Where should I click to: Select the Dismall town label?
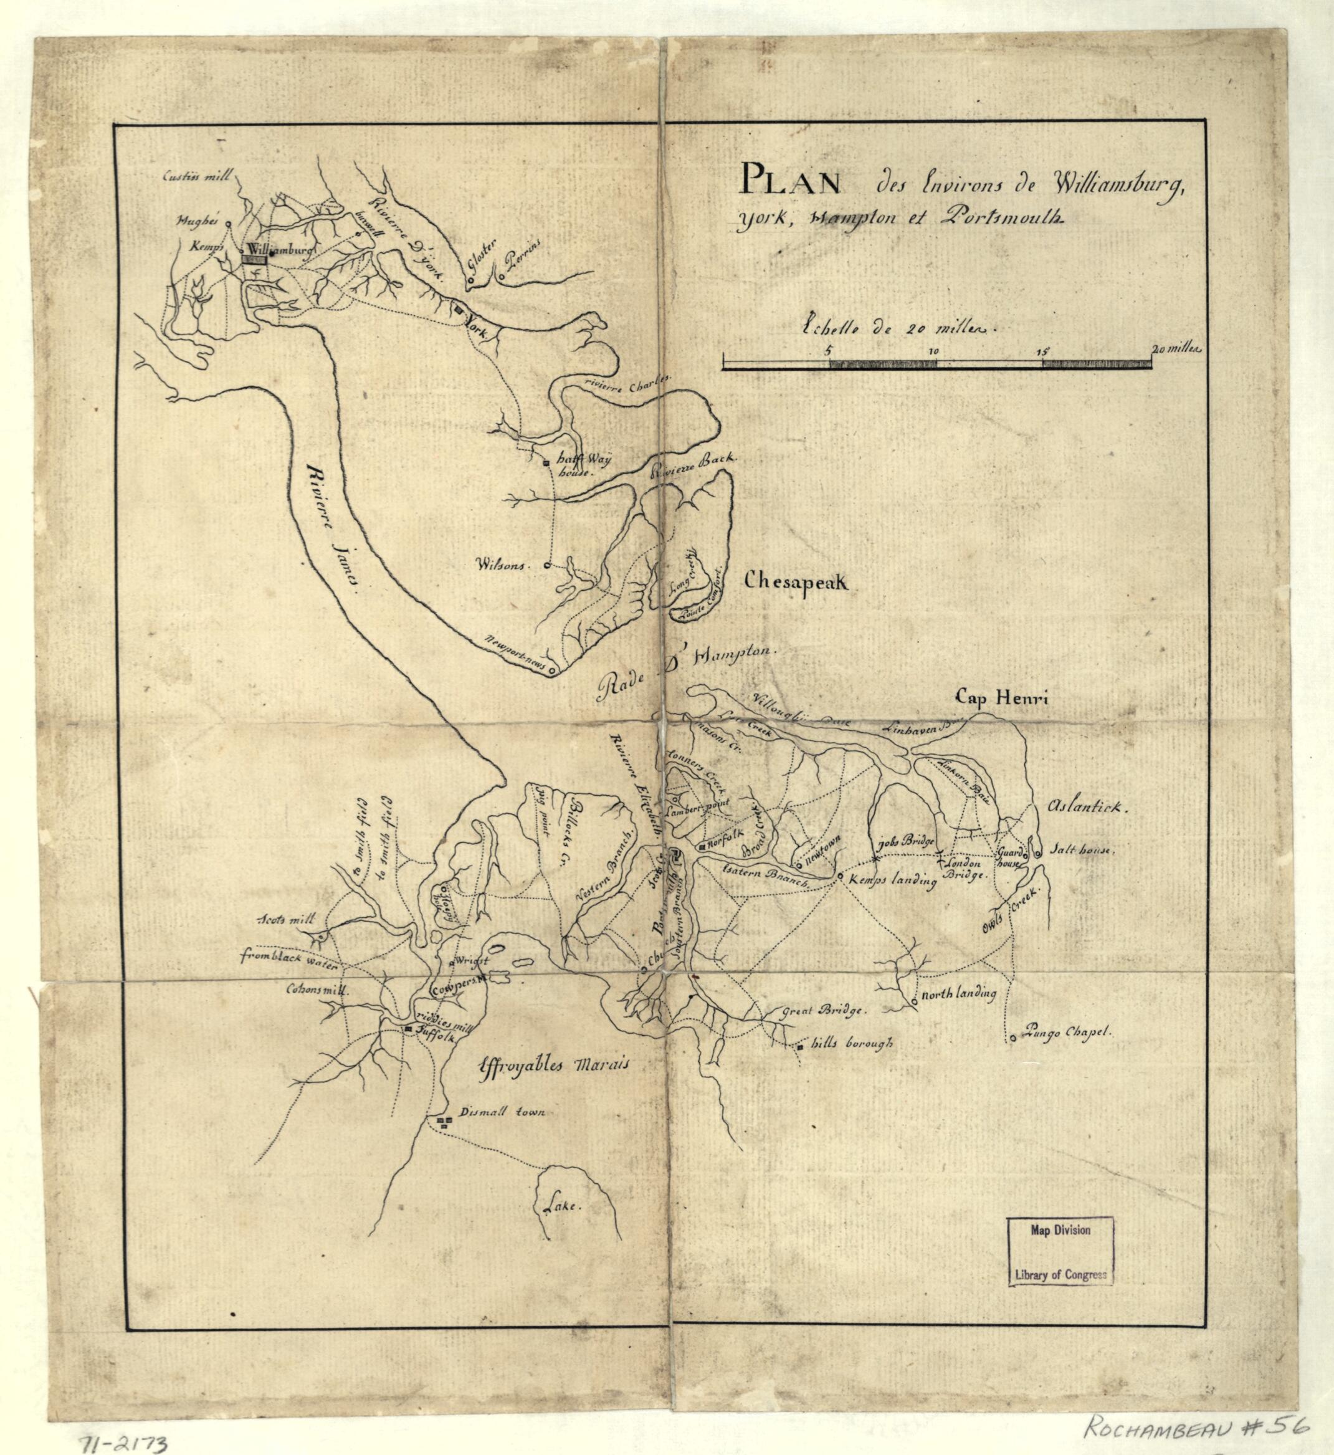pyautogui.click(x=501, y=1113)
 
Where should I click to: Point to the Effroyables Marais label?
pyautogui.click(x=555, y=1065)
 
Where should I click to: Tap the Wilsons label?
pyautogui.click(x=503, y=566)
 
